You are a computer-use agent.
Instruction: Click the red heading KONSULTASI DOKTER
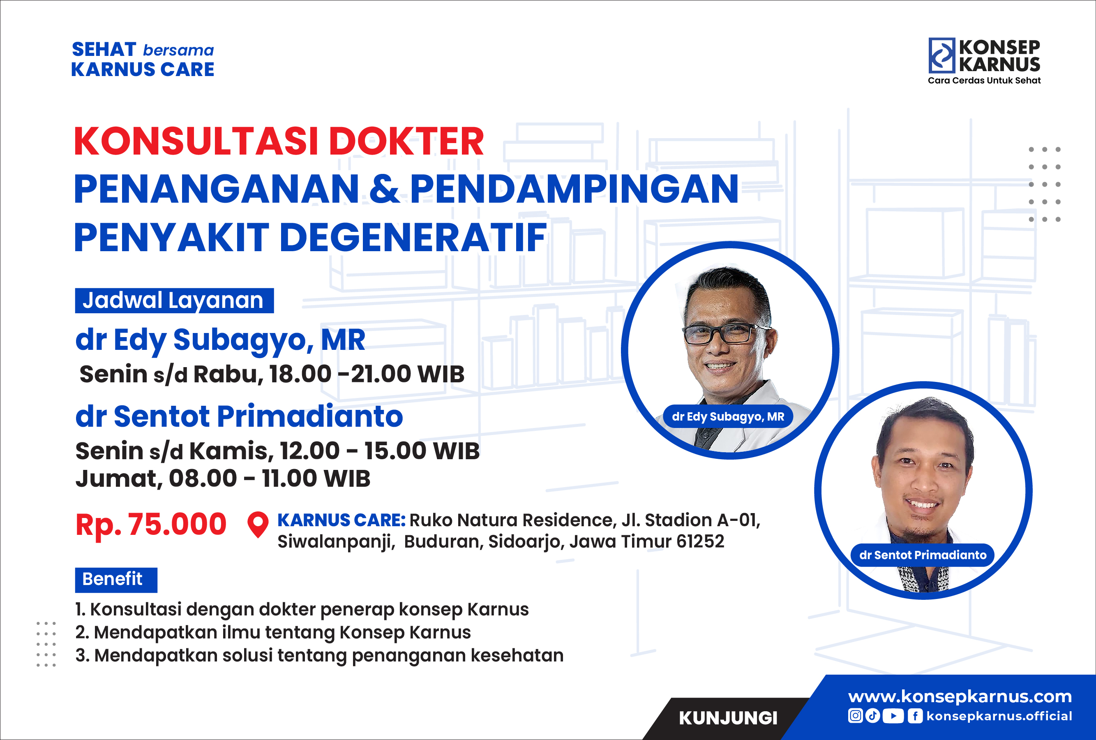pos(279,141)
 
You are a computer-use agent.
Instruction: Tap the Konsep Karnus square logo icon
pos(941,55)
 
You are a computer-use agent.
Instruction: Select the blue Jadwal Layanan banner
pos(174,301)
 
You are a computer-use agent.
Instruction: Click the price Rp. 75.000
pos(151,525)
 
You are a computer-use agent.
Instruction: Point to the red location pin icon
pos(258,525)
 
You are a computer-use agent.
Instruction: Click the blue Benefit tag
pos(116,580)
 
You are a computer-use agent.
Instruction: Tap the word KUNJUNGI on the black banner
pos(728,718)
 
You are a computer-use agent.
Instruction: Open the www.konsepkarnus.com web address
pos(960,696)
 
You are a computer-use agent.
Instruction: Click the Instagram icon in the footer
pos(856,716)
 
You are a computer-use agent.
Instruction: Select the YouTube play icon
pos(893,716)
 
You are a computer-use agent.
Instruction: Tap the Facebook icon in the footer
pos(915,716)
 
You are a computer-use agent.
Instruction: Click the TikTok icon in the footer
pos(873,716)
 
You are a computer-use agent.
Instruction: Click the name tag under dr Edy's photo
pos(728,416)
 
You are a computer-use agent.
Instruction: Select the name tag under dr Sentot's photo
pos(923,555)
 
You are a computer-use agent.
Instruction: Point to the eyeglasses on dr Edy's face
pos(726,333)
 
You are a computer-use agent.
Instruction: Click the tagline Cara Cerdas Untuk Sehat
pos(984,81)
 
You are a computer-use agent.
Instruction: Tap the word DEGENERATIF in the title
pos(413,237)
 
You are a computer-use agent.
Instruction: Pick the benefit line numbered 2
pos(273,632)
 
